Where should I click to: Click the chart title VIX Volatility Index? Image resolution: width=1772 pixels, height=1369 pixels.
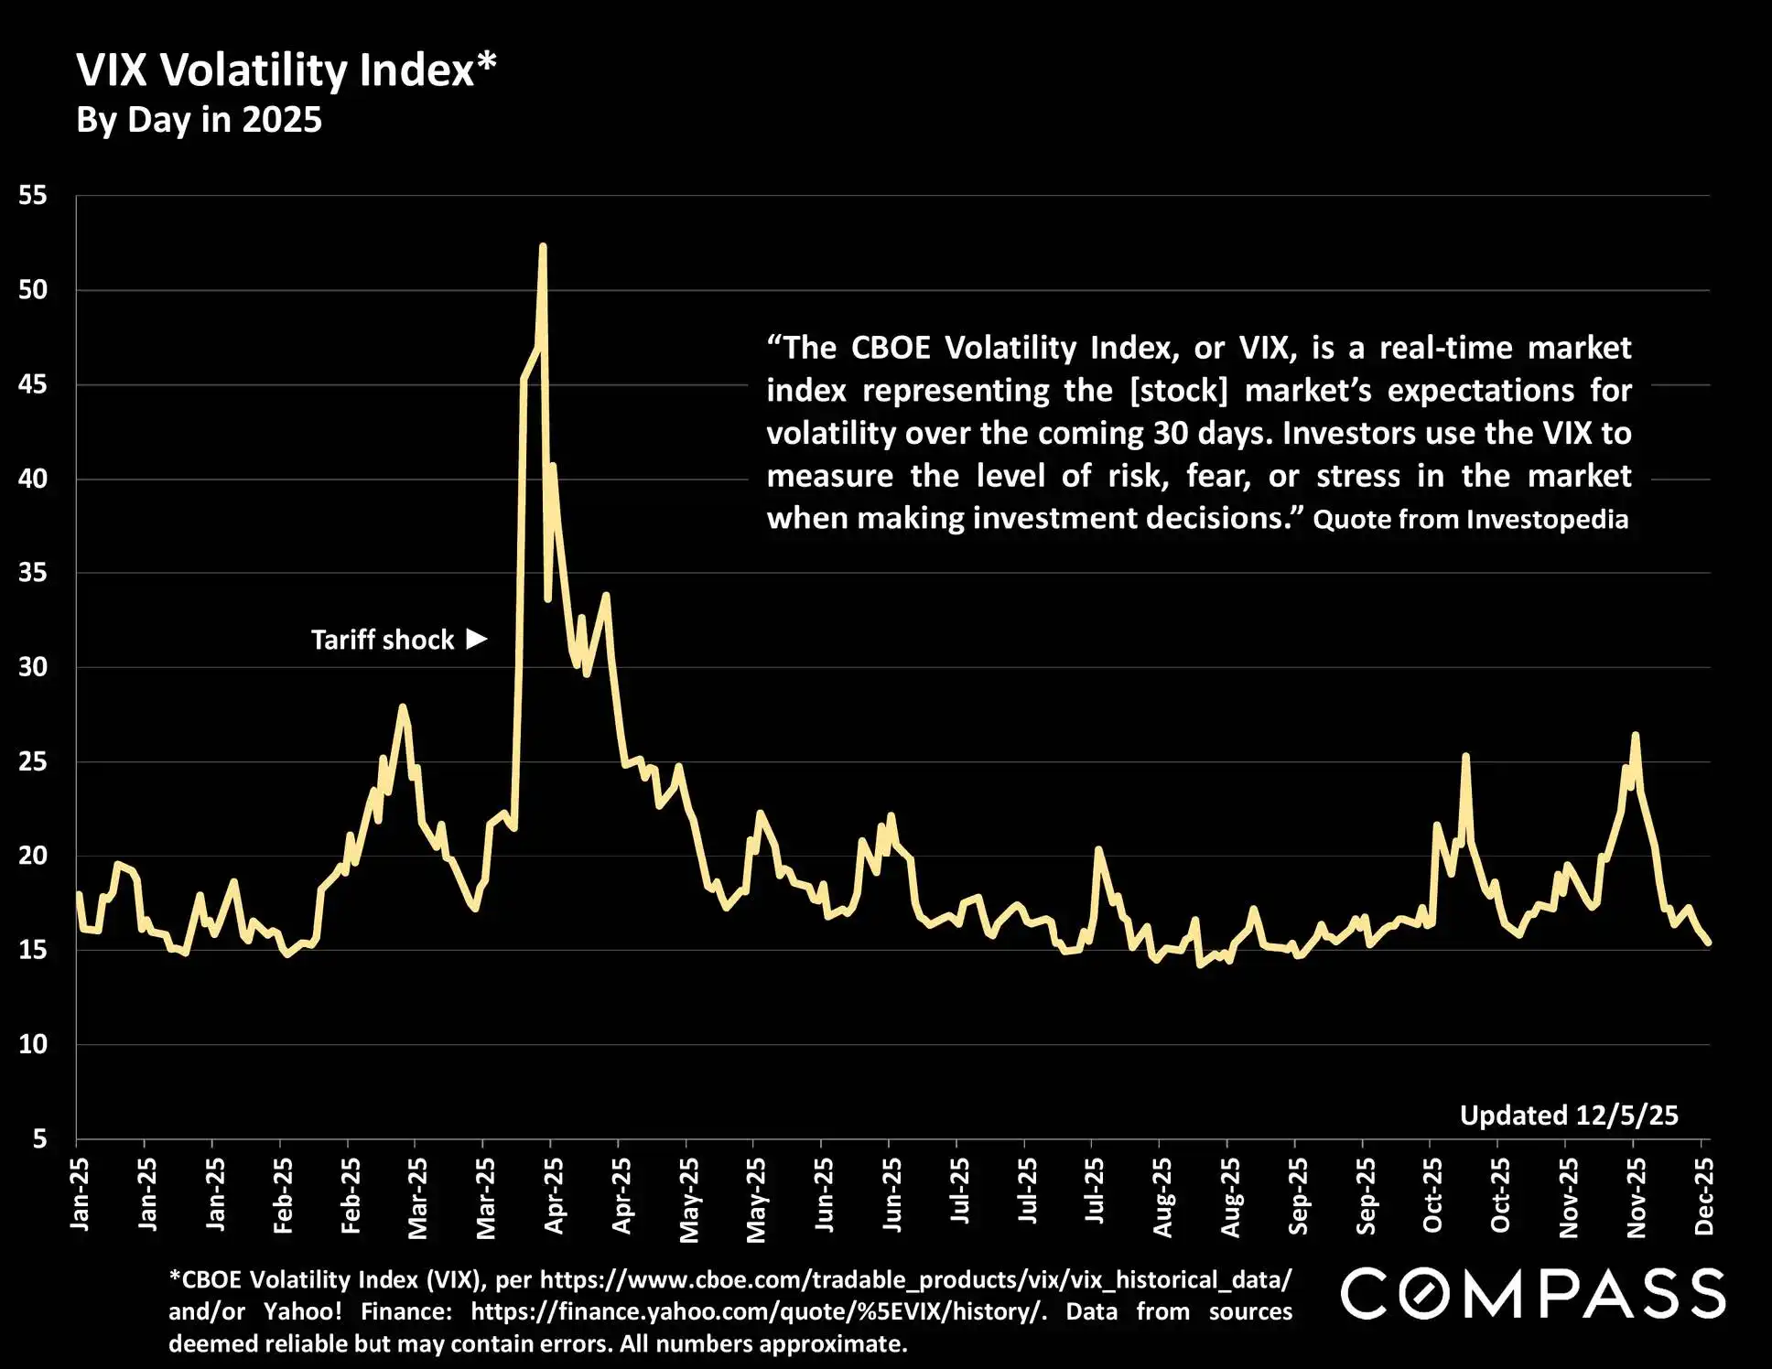286,70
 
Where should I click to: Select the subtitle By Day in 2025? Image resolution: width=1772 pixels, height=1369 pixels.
199,120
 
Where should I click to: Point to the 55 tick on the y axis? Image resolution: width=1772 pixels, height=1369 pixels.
33,195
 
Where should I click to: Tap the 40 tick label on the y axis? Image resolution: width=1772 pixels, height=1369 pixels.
33,479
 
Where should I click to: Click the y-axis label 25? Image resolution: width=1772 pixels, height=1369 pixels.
33,761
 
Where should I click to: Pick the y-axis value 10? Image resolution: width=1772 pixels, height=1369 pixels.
33,1044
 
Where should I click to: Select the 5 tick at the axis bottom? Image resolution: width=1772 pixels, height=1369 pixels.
39,1138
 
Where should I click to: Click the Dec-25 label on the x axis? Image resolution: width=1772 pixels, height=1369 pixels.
1703,1195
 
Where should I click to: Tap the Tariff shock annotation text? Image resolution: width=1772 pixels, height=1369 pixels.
383,640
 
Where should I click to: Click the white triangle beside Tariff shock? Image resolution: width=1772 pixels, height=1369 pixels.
477,638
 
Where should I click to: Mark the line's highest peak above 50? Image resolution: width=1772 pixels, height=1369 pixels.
543,246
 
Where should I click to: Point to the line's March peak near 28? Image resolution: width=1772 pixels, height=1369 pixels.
402,706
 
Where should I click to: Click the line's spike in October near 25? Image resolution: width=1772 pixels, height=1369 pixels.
1465,756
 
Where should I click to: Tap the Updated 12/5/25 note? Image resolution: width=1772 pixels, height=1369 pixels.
1569,1116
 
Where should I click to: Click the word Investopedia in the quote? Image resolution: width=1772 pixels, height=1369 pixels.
1548,520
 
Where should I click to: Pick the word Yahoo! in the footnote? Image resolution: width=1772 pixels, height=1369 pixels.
302,1311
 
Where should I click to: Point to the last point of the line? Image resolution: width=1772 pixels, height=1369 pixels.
1708,943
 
